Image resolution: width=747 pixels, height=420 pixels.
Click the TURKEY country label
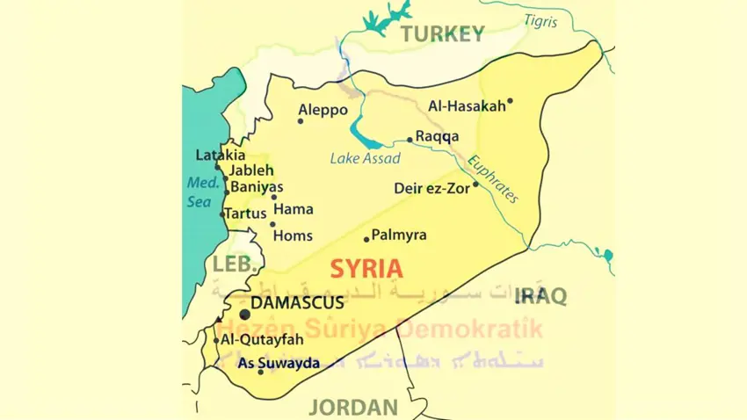coord(442,34)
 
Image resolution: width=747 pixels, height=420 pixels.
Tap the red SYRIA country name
coord(366,269)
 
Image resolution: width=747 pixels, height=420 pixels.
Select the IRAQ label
coord(542,295)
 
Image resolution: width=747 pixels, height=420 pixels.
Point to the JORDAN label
coord(353,407)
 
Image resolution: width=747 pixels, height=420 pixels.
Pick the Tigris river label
coord(540,20)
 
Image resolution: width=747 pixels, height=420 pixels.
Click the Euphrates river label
coord(492,179)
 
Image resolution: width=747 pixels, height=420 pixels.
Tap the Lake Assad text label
coord(365,159)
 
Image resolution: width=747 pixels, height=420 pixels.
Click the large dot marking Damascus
coord(244,314)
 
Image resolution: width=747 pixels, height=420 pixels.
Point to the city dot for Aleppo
coord(301,121)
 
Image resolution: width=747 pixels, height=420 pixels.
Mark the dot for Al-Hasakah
coord(510,101)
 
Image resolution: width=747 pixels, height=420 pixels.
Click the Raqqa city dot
coord(410,139)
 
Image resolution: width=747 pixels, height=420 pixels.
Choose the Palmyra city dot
coord(366,239)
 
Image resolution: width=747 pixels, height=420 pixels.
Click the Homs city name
coord(293,235)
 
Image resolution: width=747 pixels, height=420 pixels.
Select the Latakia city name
coord(221,156)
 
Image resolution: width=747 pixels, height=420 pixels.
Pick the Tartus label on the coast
coord(245,214)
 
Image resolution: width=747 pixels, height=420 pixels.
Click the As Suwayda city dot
coord(260,372)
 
